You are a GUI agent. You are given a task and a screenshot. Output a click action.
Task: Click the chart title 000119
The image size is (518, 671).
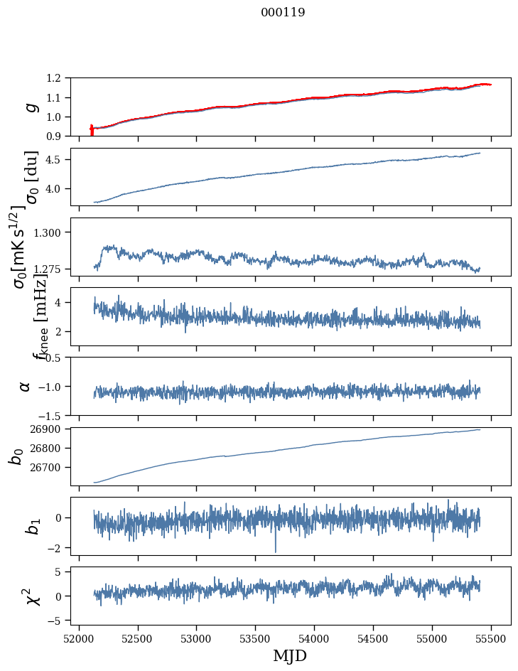click(x=283, y=13)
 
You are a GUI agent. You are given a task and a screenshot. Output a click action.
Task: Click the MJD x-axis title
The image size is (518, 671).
click(x=290, y=656)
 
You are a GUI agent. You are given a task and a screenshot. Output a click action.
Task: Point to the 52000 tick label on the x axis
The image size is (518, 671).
click(x=79, y=638)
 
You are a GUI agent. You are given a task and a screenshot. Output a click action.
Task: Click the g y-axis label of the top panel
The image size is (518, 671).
click(x=30, y=107)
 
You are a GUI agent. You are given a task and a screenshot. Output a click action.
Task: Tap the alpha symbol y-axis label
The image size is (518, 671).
click(x=25, y=386)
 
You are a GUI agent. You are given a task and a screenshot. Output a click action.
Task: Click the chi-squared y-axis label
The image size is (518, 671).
click(x=32, y=596)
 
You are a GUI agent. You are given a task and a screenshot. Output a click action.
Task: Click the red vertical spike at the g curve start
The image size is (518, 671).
click(x=92, y=130)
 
